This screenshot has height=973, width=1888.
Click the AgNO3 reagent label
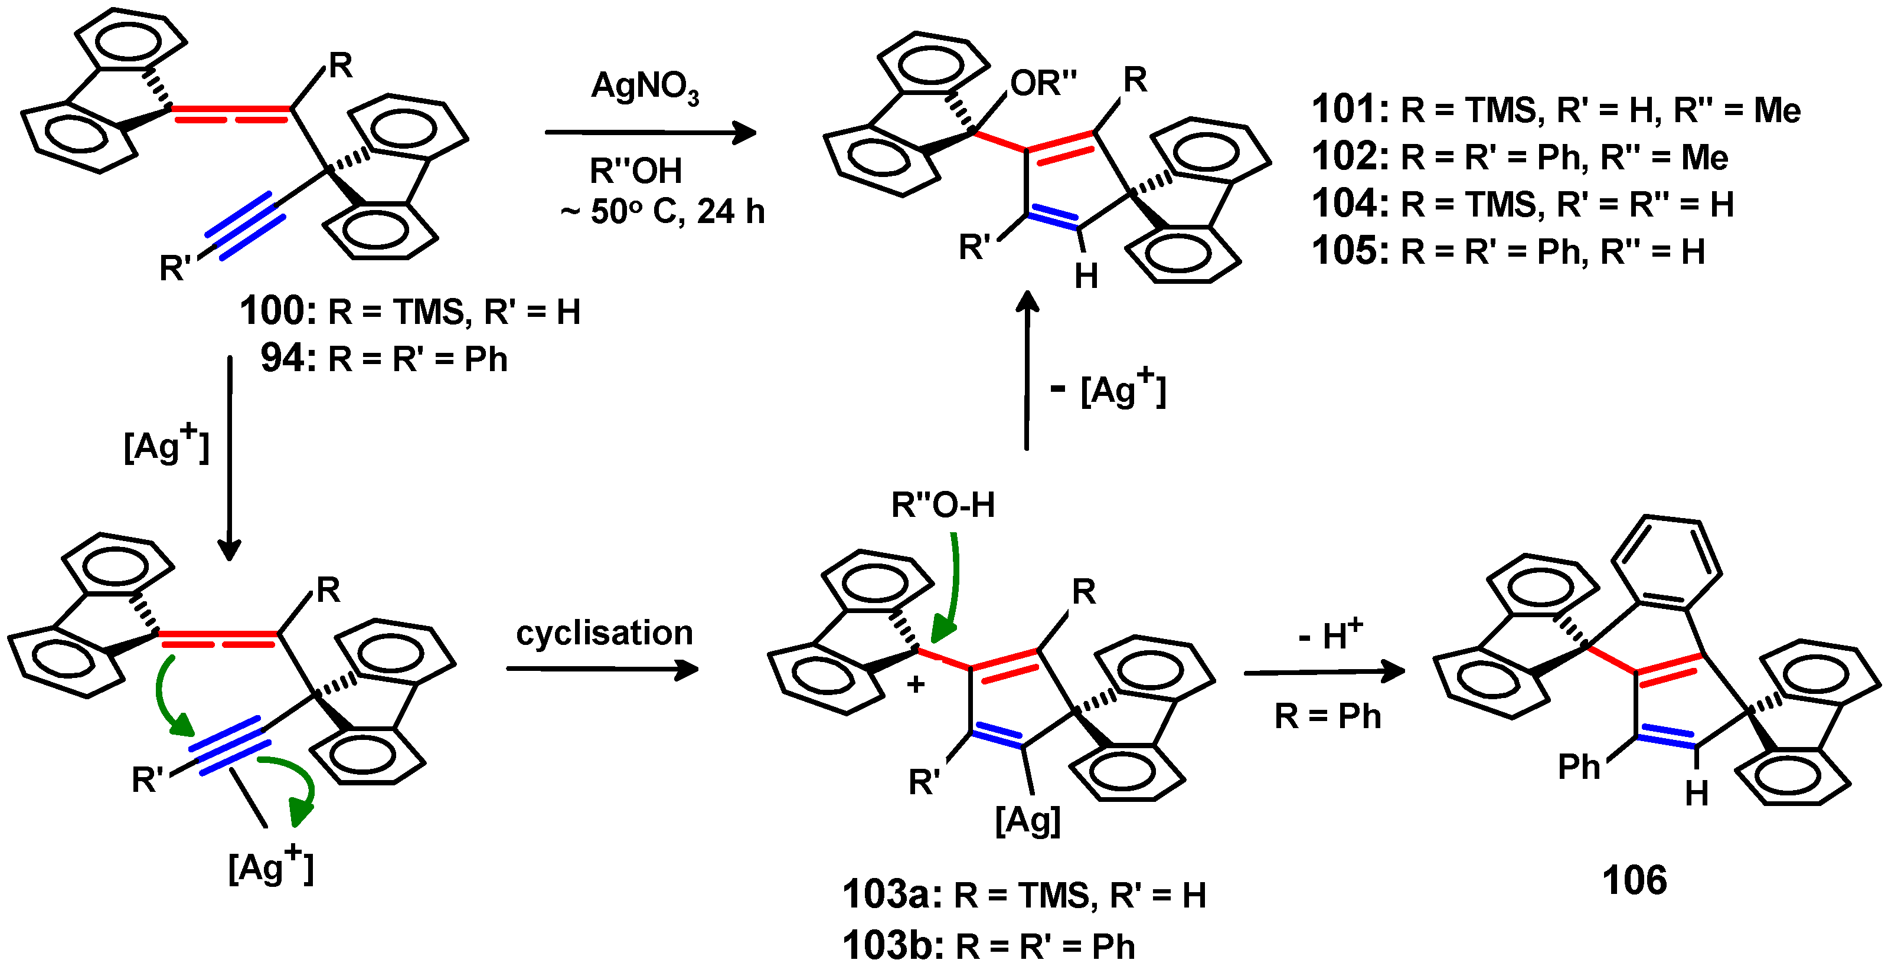[x=644, y=87]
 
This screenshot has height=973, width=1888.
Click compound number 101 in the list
[x=1348, y=110]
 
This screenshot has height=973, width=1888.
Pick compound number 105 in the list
[x=1348, y=251]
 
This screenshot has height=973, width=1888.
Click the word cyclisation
[x=604, y=633]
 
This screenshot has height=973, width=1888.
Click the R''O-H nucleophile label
[x=943, y=505]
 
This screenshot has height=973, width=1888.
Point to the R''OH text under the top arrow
[x=635, y=171]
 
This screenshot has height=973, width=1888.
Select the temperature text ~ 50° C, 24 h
[x=664, y=212]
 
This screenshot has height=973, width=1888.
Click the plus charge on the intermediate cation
[x=916, y=684]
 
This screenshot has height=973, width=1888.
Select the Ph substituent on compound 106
[x=1578, y=767]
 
